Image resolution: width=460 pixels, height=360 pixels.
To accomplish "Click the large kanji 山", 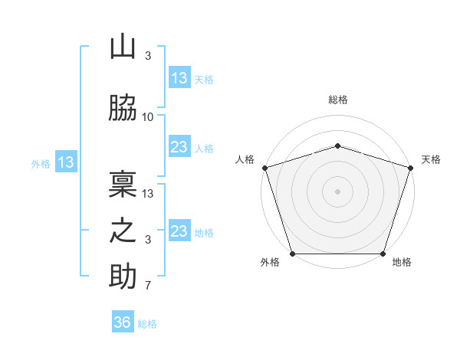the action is coord(123,46).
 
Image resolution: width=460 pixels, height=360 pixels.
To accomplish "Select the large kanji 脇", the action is coord(123,107).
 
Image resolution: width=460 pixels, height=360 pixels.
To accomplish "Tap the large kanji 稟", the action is coord(123,184).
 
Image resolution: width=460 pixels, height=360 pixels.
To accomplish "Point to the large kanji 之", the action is coord(123,231).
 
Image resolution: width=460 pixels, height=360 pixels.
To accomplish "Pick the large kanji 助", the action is coord(123,276).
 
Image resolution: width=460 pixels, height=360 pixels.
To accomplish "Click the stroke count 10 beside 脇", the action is coord(147,117).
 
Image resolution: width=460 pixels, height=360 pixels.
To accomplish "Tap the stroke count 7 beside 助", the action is coord(148,285).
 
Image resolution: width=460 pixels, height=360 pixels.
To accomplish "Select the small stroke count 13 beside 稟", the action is coord(147,194).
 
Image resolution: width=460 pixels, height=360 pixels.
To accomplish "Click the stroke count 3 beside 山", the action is coord(148,55).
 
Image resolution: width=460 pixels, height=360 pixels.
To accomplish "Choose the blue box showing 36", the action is coord(123,321).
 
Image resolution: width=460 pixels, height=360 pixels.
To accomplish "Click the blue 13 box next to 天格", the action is coord(179,77).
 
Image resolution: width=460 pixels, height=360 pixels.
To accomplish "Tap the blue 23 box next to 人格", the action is coord(179,146).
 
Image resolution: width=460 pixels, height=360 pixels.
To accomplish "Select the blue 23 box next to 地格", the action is coord(179,230).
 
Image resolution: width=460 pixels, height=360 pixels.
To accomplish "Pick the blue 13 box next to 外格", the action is coord(66,162).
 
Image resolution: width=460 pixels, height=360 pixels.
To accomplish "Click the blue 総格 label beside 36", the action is coord(147,324).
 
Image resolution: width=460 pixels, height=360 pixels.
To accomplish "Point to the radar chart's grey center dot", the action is coord(337,191).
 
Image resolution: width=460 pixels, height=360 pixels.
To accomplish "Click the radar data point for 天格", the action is coord(411,168).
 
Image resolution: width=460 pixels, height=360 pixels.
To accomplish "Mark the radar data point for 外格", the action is coord(293,254).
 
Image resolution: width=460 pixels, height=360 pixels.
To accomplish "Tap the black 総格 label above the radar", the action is coord(338,100).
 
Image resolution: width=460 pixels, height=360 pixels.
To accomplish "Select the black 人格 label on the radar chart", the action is coord(245,159).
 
